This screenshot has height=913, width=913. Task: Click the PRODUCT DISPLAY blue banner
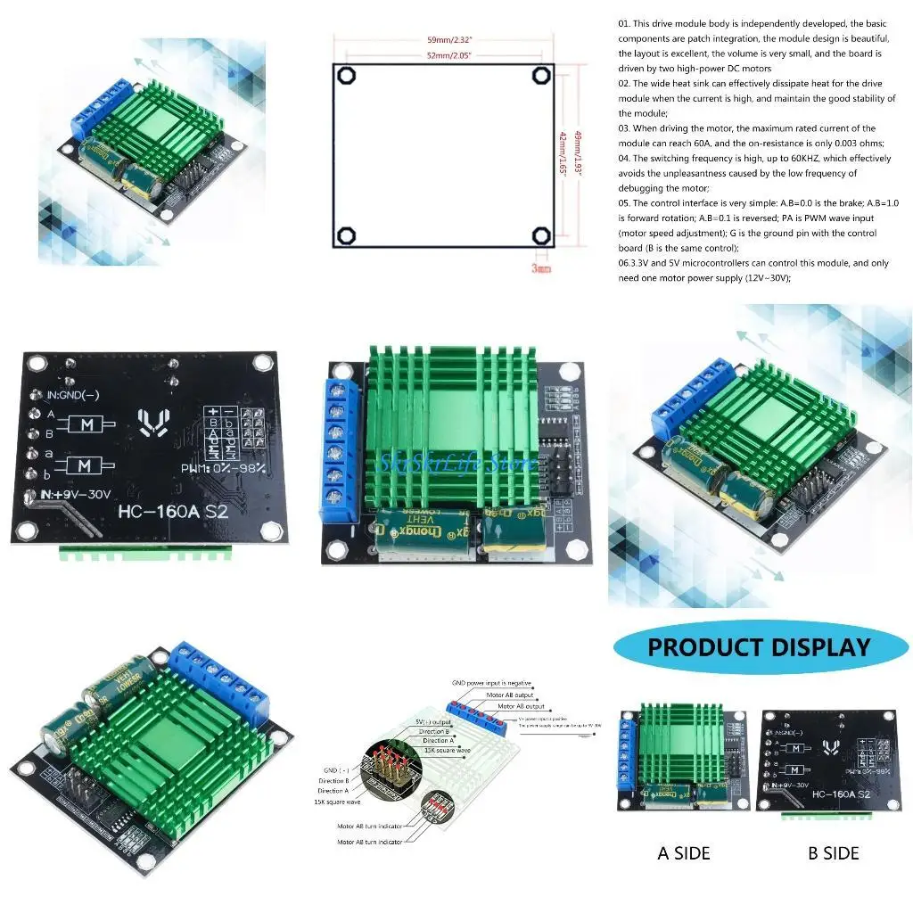click(x=758, y=647)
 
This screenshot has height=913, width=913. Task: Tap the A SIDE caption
click(x=684, y=853)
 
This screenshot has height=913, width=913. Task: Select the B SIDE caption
click(x=834, y=853)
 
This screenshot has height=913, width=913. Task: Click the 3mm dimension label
click(x=541, y=267)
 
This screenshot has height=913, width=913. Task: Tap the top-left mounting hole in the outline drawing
click(x=348, y=75)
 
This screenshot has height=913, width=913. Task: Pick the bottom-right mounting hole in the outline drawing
click(x=541, y=235)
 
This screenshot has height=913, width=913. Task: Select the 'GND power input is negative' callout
click(x=491, y=683)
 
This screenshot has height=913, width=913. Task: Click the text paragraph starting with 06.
click(x=753, y=270)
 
